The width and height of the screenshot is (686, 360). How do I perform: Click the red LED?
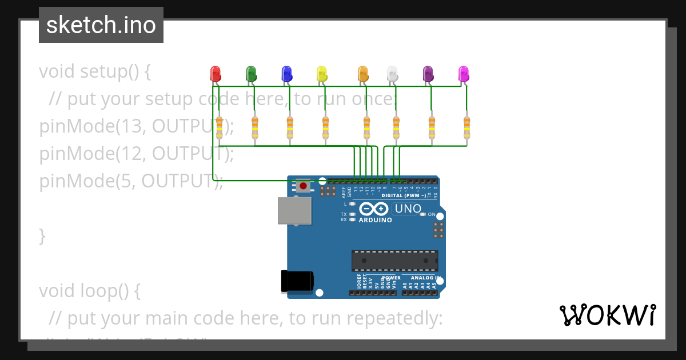click(x=216, y=73)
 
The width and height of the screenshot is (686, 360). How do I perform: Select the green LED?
click(x=250, y=73)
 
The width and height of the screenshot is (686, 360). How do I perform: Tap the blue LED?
click(x=287, y=73)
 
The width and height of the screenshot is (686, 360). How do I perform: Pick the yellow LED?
click(x=322, y=73)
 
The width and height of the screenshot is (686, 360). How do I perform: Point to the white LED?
click(x=392, y=73)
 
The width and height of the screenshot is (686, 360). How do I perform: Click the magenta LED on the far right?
click(x=464, y=73)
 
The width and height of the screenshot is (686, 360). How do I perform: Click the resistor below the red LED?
click(x=220, y=127)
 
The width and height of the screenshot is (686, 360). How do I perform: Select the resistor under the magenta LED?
click(x=467, y=127)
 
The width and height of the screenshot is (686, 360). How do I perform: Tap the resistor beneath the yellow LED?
click(x=325, y=127)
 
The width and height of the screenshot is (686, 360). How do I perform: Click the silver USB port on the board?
click(x=295, y=211)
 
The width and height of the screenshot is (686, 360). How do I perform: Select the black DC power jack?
click(x=297, y=281)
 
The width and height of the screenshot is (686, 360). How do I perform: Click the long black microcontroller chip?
click(x=395, y=261)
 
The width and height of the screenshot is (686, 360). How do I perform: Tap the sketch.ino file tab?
click(x=101, y=25)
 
